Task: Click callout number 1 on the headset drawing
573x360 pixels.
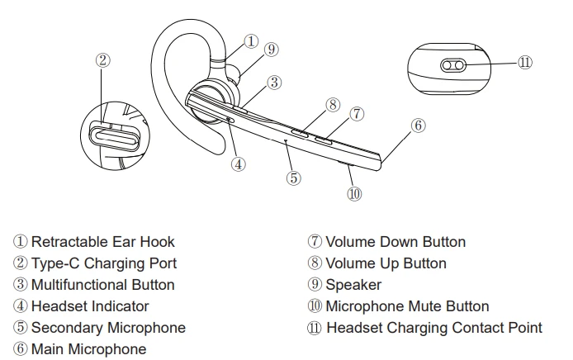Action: pyautogui.click(x=251, y=41)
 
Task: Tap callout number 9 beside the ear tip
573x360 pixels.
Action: pyautogui.click(x=271, y=50)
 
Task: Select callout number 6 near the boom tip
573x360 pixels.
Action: pyautogui.click(x=419, y=126)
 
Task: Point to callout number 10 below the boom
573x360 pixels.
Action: pyautogui.click(x=354, y=194)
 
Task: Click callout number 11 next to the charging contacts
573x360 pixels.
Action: pyautogui.click(x=525, y=63)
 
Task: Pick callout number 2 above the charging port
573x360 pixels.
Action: pyautogui.click(x=103, y=60)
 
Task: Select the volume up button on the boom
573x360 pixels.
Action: pyautogui.click(x=300, y=133)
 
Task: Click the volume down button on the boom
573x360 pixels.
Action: pyautogui.click(x=324, y=140)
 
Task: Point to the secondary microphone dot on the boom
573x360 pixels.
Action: pyautogui.click(x=286, y=140)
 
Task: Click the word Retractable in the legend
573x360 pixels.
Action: pyautogui.click(x=69, y=242)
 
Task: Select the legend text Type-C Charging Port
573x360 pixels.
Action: pyautogui.click(x=104, y=264)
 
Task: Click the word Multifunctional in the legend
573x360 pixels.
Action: pyautogui.click(x=79, y=285)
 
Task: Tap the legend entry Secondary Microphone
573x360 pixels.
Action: pyautogui.click(x=108, y=328)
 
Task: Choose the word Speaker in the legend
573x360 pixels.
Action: pyautogui.click(x=353, y=285)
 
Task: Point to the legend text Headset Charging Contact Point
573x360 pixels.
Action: pyautogui.click(x=434, y=328)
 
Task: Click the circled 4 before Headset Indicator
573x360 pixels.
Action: pyautogui.click(x=21, y=306)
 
